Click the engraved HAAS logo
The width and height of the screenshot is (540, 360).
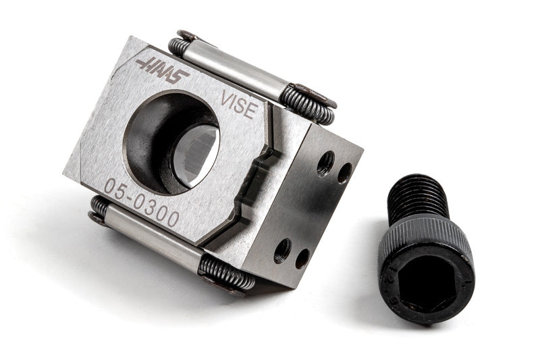[x=162, y=71]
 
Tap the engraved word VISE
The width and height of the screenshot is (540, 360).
[x=240, y=104]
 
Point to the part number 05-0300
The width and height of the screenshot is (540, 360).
[x=142, y=203]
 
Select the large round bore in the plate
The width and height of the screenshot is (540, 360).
[x=171, y=143]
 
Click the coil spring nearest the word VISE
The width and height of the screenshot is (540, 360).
[x=307, y=105]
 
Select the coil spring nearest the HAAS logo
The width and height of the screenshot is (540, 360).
[x=179, y=45]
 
